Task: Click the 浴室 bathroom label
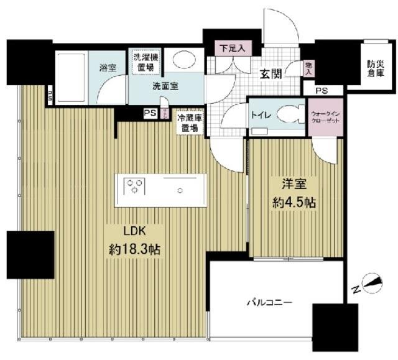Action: coord(107,68)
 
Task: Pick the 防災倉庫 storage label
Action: coord(376,67)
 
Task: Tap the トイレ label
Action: coord(260,114)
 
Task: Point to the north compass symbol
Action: coord(369,283)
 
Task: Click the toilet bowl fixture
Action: coord(291,114)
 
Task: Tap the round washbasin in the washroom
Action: coord(183,59)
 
